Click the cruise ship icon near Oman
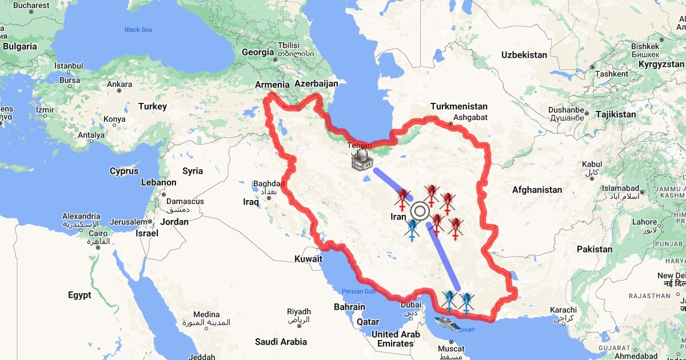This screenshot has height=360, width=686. point(450,321)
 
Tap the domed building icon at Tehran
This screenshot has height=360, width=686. point(361,159)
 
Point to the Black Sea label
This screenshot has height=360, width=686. point(139,30)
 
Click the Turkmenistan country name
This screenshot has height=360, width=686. point(459,106)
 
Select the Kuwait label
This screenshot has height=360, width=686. point(309,258)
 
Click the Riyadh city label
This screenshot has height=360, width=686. point(299,311)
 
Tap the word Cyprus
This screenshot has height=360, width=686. point(124,171)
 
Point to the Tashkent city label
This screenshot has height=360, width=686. point(612,74)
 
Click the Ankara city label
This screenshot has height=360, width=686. point(119,84)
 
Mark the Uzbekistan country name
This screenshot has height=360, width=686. point(524,55)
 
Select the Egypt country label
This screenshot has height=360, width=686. point(79,295)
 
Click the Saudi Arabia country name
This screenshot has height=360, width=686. point(280,342)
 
